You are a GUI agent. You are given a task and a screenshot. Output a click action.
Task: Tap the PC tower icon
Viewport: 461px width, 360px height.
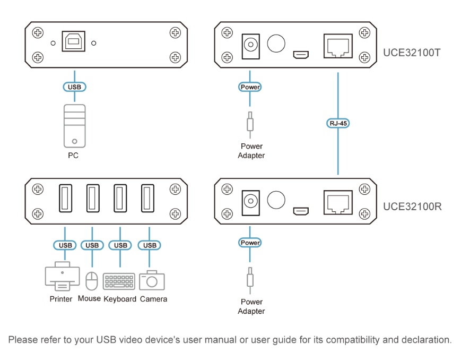pyautogui.click(x=74, y=125)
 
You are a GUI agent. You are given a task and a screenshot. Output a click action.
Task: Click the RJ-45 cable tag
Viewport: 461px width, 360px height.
pyautogui.click(x=338, y=123)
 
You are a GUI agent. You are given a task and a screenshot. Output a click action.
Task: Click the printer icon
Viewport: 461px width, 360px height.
pyautogui.click(x=62, y=277)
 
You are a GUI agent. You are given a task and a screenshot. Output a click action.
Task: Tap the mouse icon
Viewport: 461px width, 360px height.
pyautogui.click(x=92, y=280)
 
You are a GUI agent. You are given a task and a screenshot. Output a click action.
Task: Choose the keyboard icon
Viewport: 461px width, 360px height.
pyautogui.click(x=119, y=281)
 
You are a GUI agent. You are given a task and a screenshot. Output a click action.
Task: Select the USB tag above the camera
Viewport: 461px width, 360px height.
pyautogui.click(x=150, y=245)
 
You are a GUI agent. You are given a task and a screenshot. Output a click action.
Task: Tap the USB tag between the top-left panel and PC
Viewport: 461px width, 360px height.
pyautogui.click(x=74, y=86)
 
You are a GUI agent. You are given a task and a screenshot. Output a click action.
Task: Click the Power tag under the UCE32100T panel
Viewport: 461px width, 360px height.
pyautogui.click(x=250, y=87)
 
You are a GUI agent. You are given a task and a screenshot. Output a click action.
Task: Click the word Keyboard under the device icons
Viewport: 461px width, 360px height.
pyautogui.click(x=120, y=299)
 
